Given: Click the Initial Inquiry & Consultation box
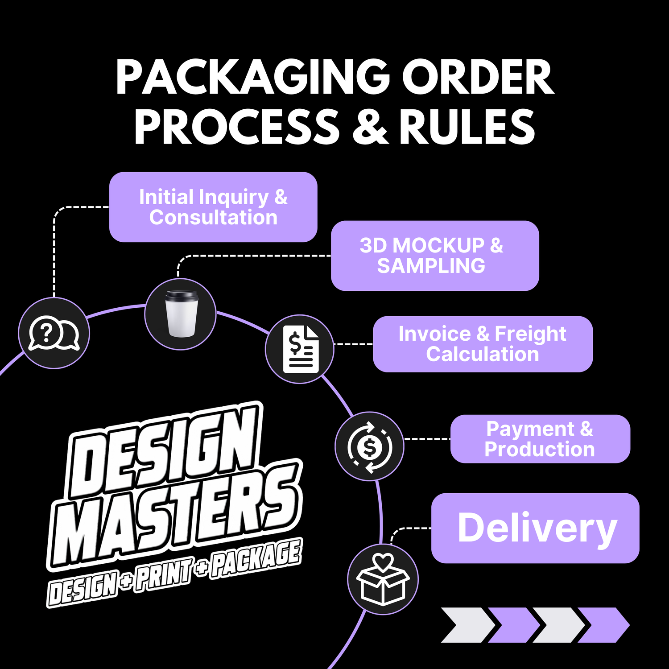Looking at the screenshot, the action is (x=213, y=207).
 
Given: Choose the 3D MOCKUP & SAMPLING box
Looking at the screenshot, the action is (x=435, y=256).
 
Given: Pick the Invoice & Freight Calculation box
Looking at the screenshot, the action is (x=483, y=344).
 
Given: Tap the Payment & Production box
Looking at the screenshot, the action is (x=540, y=439).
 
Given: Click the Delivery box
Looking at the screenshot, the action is (x=535, y=528).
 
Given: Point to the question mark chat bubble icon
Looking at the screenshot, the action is (x=54, y=333).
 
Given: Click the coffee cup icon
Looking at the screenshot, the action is (x=181, y=314).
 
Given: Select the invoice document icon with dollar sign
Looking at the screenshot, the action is (x=301, y=349).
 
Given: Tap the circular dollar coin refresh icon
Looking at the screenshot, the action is (x=370, y=446).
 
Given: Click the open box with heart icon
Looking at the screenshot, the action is (x=383, y=578).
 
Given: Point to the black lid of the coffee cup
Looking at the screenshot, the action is (x=181, y=295).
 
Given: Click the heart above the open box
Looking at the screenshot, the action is (x=383, y=562).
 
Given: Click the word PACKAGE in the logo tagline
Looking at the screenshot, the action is (x=256, y=558).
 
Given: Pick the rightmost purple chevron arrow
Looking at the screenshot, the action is (x=603, y=625).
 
